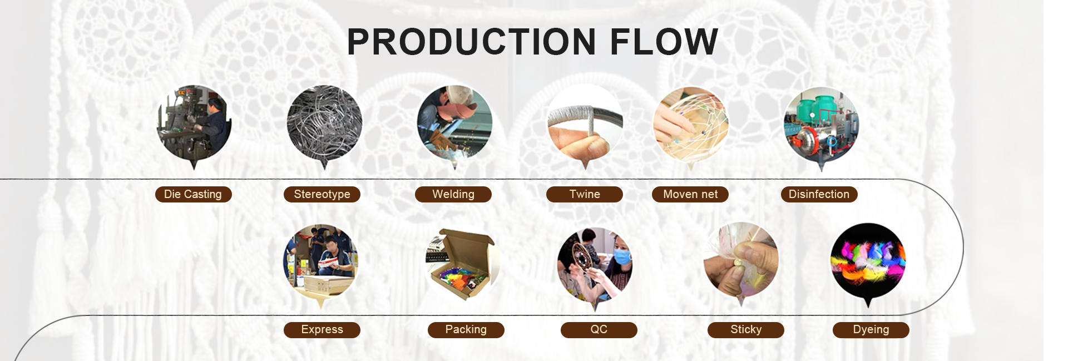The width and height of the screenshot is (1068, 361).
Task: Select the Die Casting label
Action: click(193, 194)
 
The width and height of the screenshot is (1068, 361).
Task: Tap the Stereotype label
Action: click(322, 194)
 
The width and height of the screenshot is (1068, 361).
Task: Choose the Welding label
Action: click(453, 194)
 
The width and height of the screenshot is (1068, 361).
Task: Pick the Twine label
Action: click(585, 194)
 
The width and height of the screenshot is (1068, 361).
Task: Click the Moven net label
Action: click(690, 194)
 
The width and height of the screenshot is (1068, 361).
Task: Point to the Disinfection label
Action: click(819, 194)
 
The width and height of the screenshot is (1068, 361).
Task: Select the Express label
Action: click(322, 330)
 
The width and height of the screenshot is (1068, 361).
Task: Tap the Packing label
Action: click(466, 330)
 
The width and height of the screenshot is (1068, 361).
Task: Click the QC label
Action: click(599, 330)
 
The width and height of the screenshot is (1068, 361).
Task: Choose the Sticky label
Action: click(746, 330)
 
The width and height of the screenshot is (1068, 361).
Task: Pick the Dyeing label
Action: click(871, 330)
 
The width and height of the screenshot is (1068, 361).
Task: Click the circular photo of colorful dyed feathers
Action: click(868, 260)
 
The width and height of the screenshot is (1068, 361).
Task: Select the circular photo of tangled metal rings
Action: click(324, 123)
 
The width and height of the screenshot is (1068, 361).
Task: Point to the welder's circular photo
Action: click(454, 123)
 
